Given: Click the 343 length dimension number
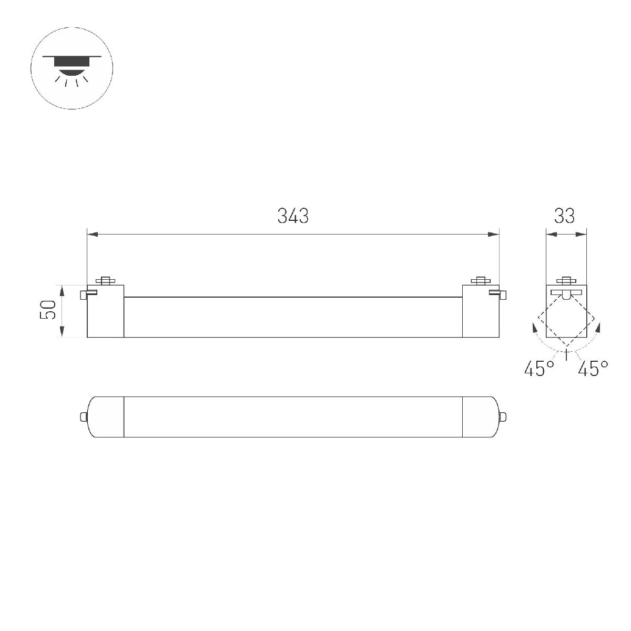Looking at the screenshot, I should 293,216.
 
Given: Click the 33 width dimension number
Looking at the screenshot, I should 564,216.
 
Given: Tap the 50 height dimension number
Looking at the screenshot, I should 49,310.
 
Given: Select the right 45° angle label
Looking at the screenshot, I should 593,369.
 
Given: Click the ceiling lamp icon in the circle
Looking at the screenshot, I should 72,68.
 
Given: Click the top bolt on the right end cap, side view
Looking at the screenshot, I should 480,280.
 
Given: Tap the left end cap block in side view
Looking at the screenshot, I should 105,313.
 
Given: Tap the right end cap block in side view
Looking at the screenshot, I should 480,313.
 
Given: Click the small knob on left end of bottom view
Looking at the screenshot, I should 83,417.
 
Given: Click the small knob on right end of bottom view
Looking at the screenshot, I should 504,417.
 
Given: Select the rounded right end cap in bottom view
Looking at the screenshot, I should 480,417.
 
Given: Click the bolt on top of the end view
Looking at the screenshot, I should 566,280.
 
